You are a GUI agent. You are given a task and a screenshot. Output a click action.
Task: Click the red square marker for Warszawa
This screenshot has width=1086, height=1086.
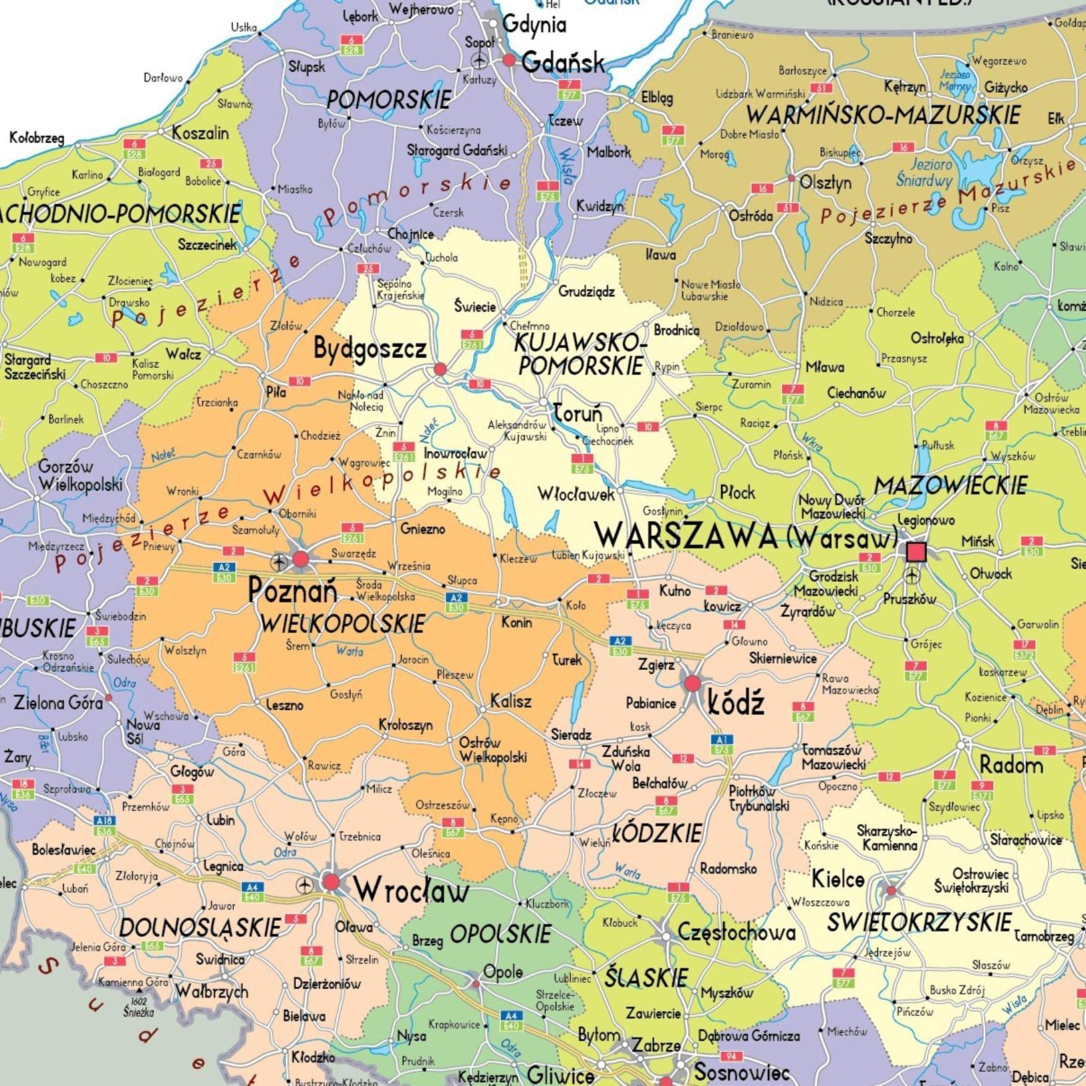click(x=916, y=551)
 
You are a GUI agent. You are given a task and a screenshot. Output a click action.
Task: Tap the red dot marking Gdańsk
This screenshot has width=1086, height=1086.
click(x=509, y=60)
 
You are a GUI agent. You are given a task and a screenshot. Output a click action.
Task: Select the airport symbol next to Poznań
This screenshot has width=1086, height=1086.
click(x=279, y=562)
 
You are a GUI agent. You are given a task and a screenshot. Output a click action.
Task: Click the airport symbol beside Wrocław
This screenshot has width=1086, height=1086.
click(x=304, y=886)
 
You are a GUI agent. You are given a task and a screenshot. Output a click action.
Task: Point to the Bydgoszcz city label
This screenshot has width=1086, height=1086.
click(x=370, y=349)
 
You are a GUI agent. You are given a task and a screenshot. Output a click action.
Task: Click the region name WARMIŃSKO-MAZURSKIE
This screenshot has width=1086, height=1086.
click(x=883, y=115)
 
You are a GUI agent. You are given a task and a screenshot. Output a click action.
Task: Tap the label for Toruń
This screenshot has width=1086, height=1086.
click(x=577, y=413)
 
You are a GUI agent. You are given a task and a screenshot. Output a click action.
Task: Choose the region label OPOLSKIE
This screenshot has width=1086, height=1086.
click(x=500, y=934)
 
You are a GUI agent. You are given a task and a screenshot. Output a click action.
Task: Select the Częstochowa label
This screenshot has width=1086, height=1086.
click(x=736, y=932)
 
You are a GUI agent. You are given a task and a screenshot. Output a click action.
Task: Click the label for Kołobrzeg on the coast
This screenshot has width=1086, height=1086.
click(x=37, y=139)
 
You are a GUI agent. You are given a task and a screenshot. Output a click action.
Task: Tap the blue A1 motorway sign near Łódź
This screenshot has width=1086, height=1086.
click(x=720, y=739)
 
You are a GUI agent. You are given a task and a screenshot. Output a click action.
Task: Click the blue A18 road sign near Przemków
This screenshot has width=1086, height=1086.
click(x=105, y=821)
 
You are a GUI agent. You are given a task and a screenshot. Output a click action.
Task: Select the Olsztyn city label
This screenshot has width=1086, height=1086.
click(x=825, y=183)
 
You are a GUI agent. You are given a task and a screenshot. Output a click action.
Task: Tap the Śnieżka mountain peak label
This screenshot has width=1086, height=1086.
click(x=139, y=1011)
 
